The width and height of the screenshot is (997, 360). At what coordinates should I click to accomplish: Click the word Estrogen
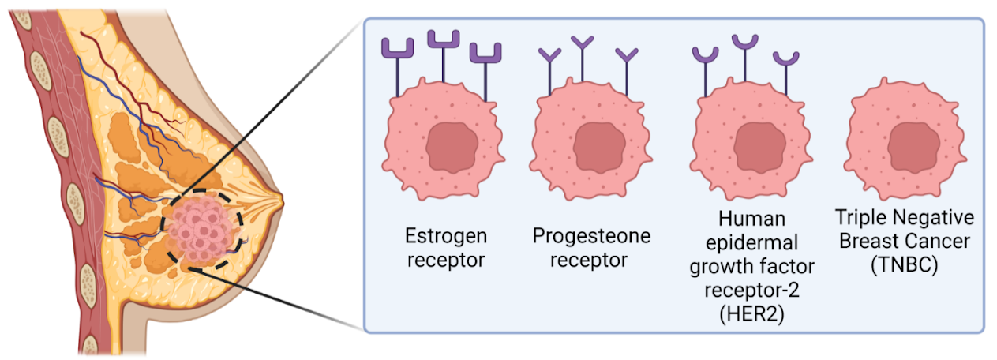446,235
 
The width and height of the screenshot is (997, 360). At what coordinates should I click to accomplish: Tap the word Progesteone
592,235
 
